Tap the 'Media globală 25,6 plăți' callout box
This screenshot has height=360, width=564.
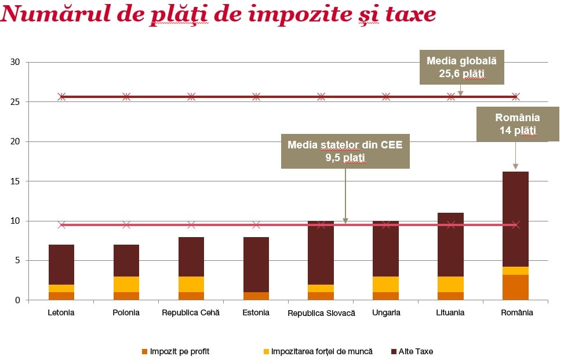coord(461,67)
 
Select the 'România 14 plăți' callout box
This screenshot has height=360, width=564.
coord(517,123)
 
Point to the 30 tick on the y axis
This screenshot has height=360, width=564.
coord(15,62)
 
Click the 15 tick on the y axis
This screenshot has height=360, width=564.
coord(15,181)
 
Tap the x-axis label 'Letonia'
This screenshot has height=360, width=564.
coord(61,313)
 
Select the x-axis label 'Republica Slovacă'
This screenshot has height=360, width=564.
coord(321,313)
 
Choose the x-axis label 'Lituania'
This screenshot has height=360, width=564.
coord(450,313)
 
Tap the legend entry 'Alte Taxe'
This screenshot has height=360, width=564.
coord(416,351)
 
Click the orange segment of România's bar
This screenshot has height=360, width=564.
coord(515,288)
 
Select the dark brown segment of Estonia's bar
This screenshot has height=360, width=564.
coord(256,264)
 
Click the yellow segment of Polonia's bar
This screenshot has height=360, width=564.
coord(126,284)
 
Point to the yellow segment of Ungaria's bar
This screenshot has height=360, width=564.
coord(385,284)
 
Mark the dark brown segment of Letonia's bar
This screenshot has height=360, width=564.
coord(61,264)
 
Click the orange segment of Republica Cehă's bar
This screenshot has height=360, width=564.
coord(191,296)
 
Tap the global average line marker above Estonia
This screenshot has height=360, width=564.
coord(256,96)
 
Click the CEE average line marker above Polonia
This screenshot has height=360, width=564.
coord(126,225)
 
